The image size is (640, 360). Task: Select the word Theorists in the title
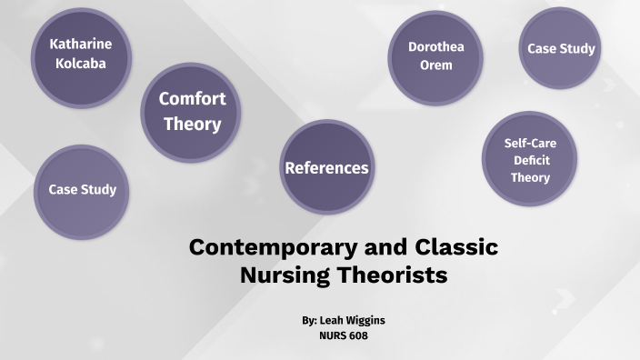[392, 275]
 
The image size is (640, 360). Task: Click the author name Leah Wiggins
[356, 321]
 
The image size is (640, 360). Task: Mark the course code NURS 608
[343, 335]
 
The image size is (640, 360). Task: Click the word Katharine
[81, 44]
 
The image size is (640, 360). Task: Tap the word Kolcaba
[81, 64]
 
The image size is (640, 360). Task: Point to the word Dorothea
[435, 46]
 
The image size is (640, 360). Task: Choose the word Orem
[435, 65]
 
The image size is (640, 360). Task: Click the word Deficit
[530, 160]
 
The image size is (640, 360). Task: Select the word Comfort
[192, 99]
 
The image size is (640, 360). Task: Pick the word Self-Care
[530, 144]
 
